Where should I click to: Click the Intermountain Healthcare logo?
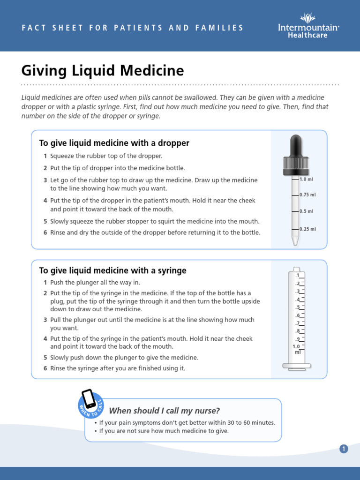308,26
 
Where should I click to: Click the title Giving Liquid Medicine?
103,71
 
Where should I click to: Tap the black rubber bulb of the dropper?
296,147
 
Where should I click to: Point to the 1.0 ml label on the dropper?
307,179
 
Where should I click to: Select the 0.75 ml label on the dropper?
308,195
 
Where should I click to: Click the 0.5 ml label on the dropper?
307,211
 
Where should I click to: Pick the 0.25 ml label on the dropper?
308,229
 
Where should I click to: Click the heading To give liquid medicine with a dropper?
114,143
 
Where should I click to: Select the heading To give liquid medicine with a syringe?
112,270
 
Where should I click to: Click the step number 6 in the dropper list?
45,232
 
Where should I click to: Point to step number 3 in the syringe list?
45,320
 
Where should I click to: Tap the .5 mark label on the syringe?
297,307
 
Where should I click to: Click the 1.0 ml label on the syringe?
296,349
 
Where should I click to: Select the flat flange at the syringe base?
296,365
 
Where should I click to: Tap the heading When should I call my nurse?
164,411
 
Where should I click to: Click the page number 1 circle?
344,449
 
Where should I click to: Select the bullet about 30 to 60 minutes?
187,422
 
